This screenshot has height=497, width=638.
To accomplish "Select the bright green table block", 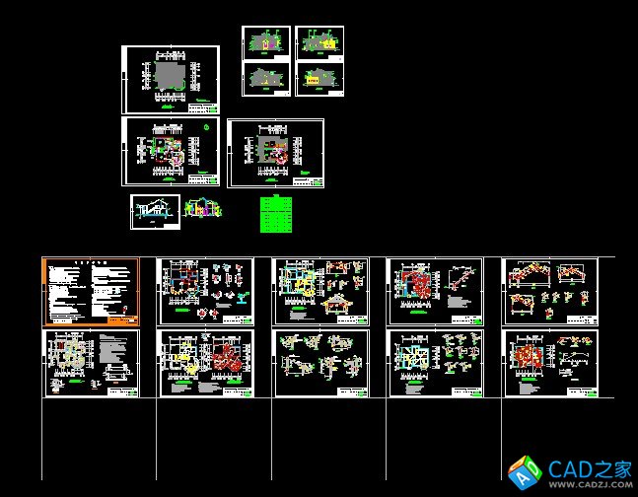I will click(276, 214).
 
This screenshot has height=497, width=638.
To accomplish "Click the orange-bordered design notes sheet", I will click(91, 292).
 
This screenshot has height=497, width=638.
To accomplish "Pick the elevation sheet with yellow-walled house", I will click(319, 80).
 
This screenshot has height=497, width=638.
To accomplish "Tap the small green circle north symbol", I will click(206, 126).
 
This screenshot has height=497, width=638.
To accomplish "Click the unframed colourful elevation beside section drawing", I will click(200, 210).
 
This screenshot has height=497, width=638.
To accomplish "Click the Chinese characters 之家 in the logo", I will click(612, 468).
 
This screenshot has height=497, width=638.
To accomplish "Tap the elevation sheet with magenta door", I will click(319, 42).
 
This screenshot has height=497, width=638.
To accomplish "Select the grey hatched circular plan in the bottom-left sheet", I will click(68, 356).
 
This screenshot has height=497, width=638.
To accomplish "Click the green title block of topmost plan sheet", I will click(203, 104).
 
